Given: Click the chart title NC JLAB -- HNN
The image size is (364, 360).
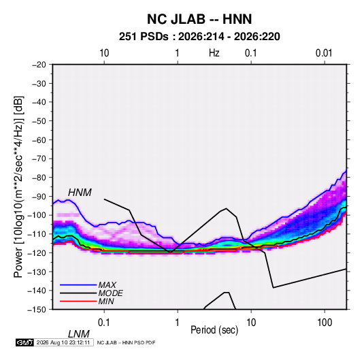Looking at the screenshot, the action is [199, 19].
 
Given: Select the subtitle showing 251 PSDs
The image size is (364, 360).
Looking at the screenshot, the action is [199, 37].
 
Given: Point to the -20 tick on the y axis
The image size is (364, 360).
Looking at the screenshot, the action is [39, 65].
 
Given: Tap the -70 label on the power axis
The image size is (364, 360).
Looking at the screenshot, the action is [39, 159].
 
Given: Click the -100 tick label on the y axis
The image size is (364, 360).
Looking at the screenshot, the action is [37, 215].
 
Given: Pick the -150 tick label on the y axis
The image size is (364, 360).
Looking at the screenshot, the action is [37, 310].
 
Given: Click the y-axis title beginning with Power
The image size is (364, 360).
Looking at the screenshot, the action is [18, 187].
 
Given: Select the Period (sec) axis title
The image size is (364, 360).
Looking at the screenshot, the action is [214, 330].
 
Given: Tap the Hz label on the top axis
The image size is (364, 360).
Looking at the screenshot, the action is [214, 53].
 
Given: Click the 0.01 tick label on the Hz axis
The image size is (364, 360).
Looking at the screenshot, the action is [324, 53].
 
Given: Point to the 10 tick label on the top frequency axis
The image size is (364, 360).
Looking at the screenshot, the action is [104, 53].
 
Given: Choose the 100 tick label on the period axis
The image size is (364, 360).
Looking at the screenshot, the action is [325, 323].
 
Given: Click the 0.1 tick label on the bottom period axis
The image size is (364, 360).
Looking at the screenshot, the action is [104, 323].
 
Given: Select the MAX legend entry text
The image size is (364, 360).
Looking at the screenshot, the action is [107, 284].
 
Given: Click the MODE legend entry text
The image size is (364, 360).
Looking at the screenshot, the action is [110, 293].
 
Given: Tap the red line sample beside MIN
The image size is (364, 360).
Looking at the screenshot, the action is [78, 301].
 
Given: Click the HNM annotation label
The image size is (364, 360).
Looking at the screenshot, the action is [80, 193].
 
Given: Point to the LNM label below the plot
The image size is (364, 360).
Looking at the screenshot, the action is [79, 334].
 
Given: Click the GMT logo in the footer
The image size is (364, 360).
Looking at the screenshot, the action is [25, 342].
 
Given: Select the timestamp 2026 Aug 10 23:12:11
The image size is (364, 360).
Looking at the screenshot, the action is [63, 342].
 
